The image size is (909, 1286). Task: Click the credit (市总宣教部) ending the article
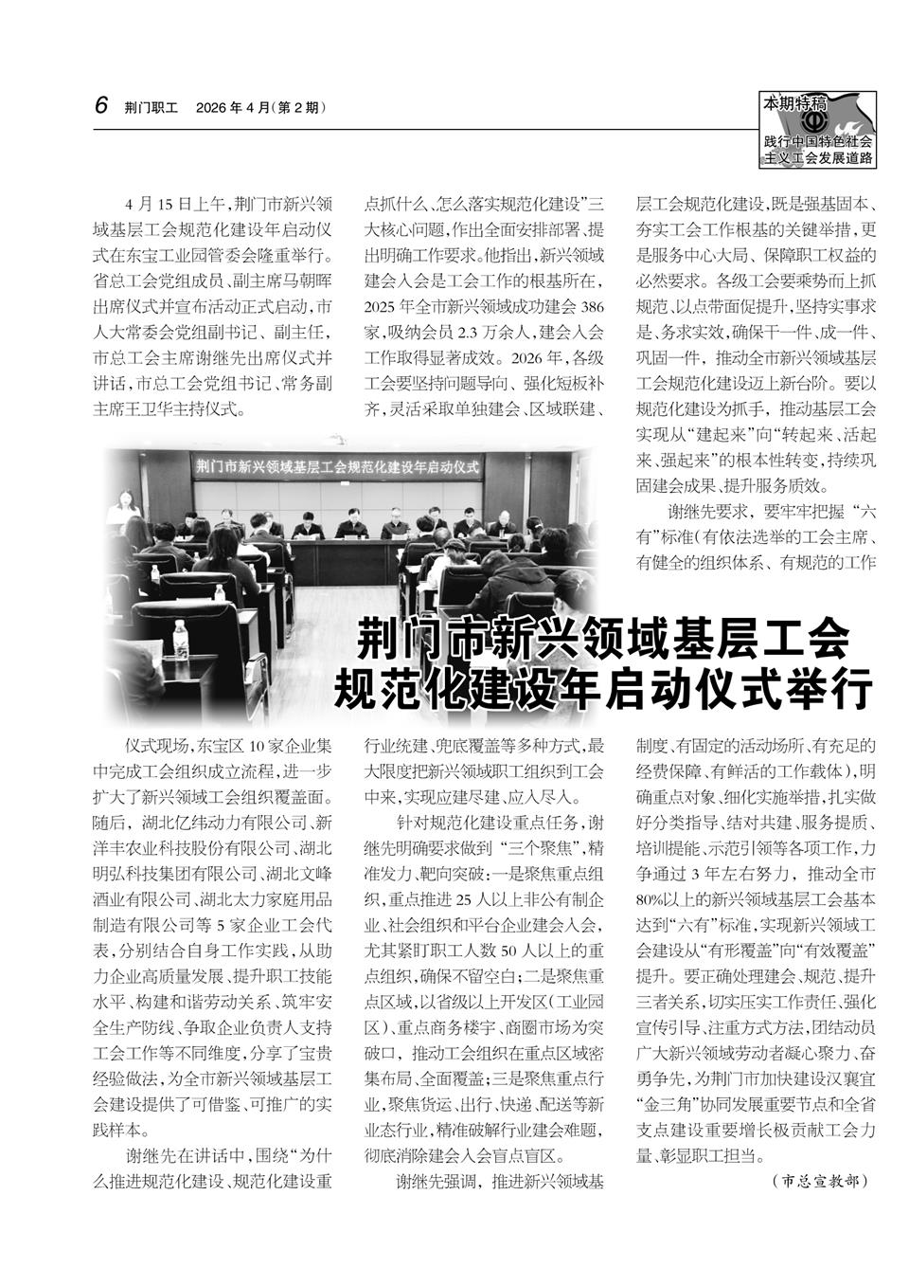pos(820,1181)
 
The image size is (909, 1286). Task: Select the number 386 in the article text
pos(591,306)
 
